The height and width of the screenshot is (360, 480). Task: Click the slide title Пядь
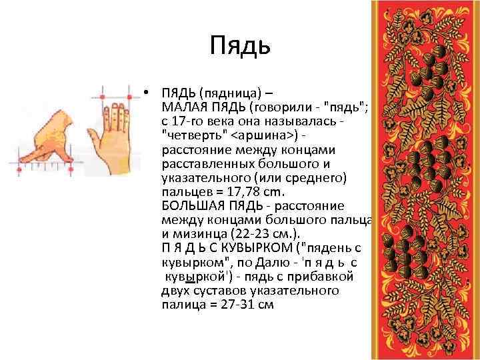coord(239,45)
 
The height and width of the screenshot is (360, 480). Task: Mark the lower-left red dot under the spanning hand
coord(18,170)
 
